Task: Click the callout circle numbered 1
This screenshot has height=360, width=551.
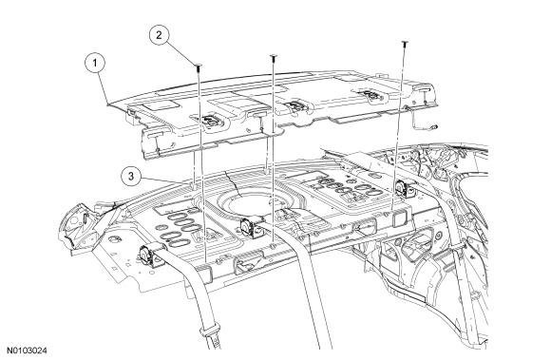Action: (95, 64)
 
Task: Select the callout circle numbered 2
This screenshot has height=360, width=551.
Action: (160, 35)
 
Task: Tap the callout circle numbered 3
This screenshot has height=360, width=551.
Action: (131, 176)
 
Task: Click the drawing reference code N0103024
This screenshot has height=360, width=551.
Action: (28, 351)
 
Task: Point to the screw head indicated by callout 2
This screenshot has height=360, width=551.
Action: (199, 65)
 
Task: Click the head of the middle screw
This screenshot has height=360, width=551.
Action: (273, 56)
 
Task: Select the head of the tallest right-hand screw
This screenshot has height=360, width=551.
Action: (405, 42)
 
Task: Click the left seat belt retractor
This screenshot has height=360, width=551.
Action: (146, 257)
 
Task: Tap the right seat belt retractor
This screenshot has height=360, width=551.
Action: (402, 189)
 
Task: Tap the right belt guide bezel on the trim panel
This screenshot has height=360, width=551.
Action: (369, 94)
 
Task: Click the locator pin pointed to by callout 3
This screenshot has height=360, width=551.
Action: (192, 184)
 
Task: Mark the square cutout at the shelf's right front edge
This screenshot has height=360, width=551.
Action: (400, 218)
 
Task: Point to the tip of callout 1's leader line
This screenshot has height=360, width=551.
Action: (108, 104)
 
